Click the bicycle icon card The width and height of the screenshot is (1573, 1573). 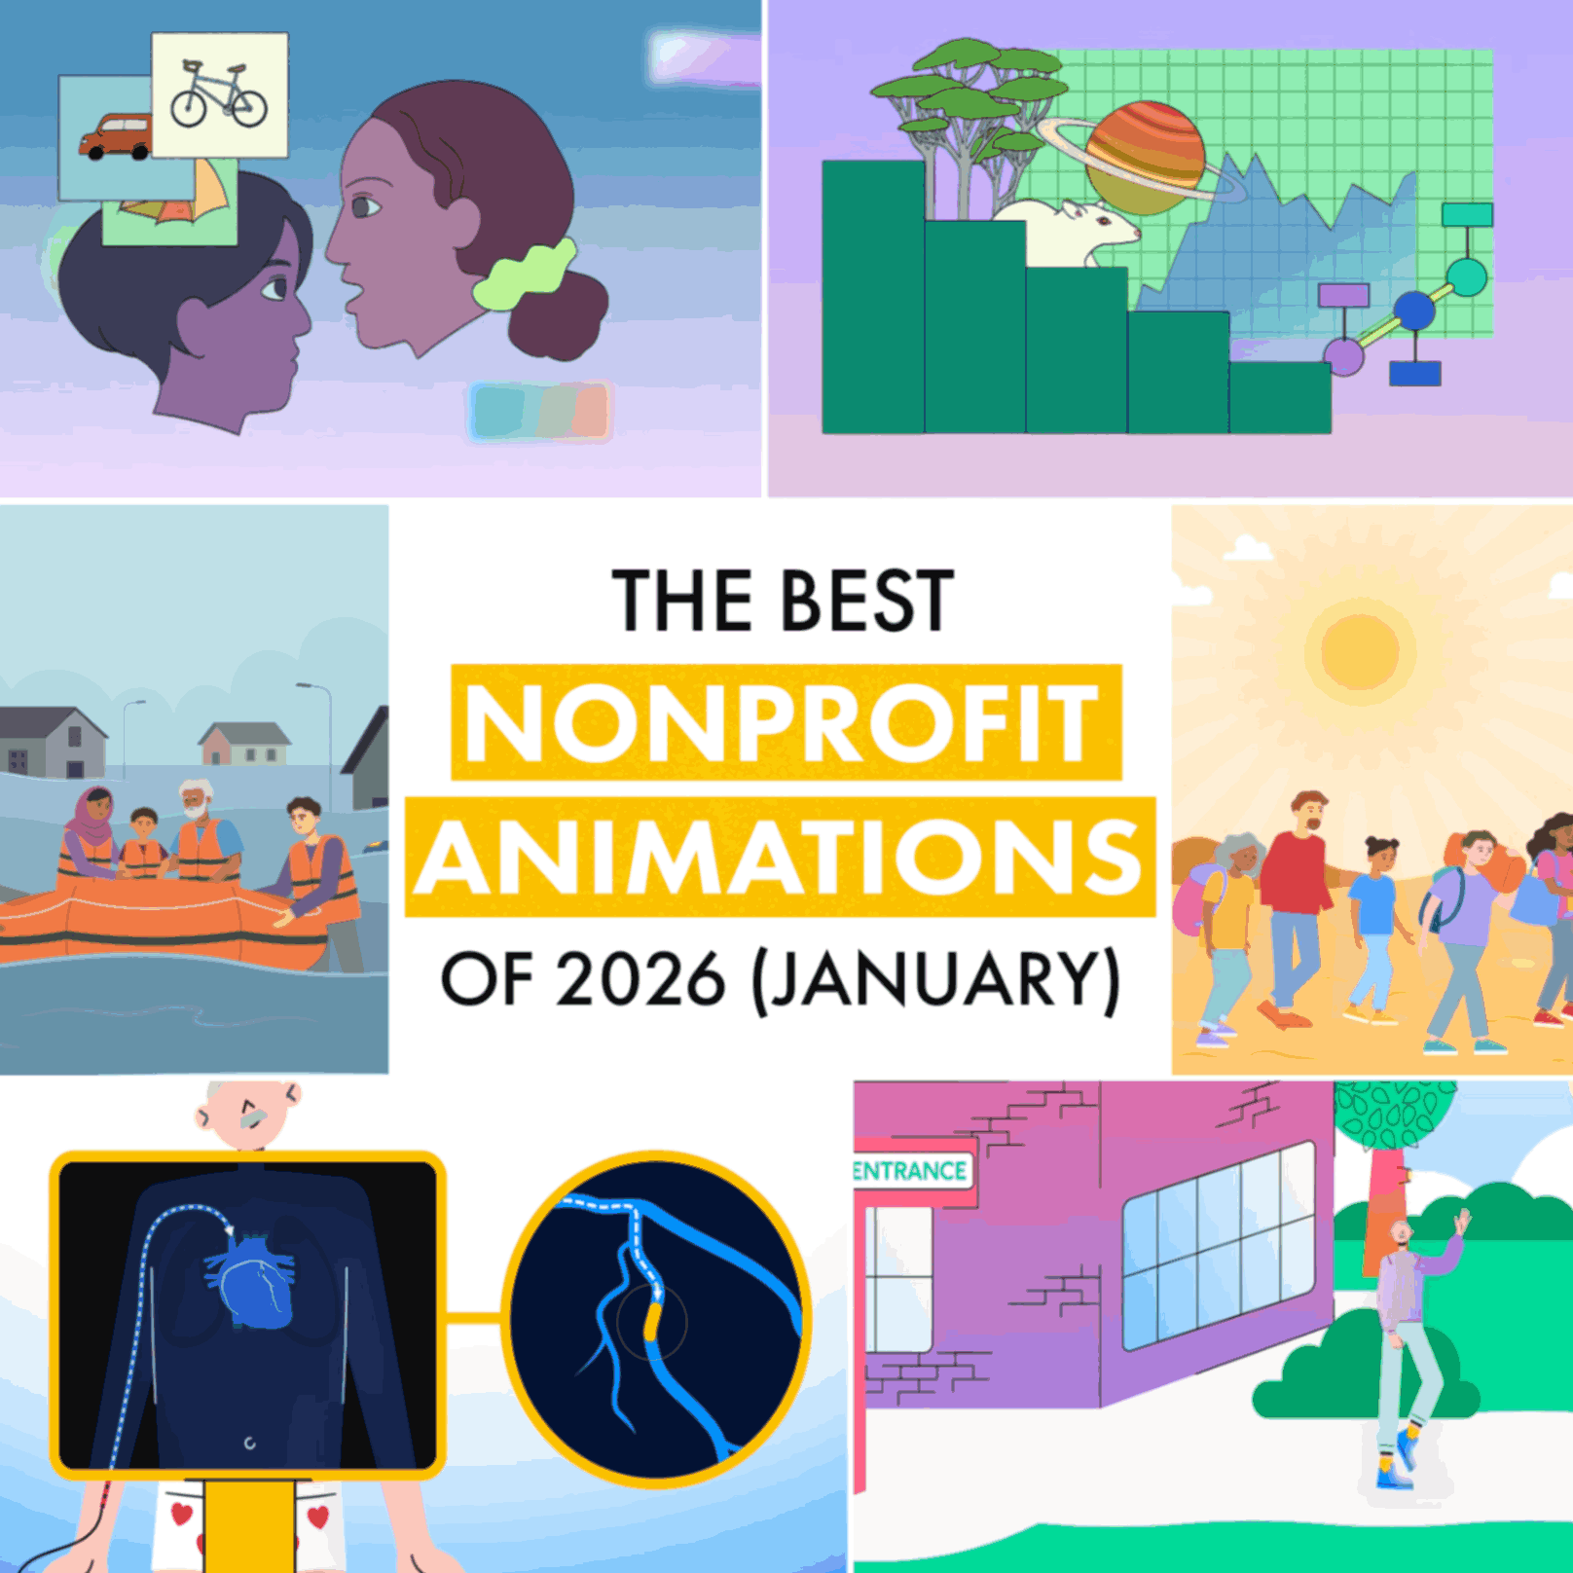click(219, 94)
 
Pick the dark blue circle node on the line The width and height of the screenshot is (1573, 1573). click(1413, 311)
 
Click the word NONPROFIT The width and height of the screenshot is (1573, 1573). click(785, 722)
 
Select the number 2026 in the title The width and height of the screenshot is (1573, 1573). click(640, 979)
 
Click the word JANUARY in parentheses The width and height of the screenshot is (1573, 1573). click(935, 979)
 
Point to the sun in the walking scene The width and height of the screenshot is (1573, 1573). click(1360, 650)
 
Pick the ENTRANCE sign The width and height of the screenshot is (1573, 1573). click(910, 1170)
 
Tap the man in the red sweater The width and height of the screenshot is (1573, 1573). click(1297, 905)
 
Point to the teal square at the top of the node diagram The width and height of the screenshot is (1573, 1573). click(1466, 214)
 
